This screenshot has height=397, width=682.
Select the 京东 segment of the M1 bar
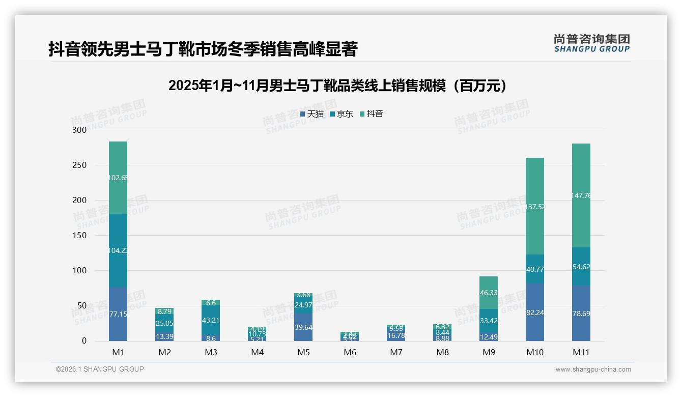118,250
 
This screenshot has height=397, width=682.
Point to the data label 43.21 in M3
211,320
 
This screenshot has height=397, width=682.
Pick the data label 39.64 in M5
303,327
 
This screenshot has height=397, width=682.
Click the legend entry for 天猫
312,114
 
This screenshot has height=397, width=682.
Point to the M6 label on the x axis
350,352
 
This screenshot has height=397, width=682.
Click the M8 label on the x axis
442,352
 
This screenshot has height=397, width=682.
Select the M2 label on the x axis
164,352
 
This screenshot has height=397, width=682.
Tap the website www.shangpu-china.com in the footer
593,370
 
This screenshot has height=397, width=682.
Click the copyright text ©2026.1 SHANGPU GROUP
100,369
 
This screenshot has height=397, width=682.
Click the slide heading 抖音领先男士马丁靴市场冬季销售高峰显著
203,49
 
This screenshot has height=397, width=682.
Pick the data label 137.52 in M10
535,207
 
